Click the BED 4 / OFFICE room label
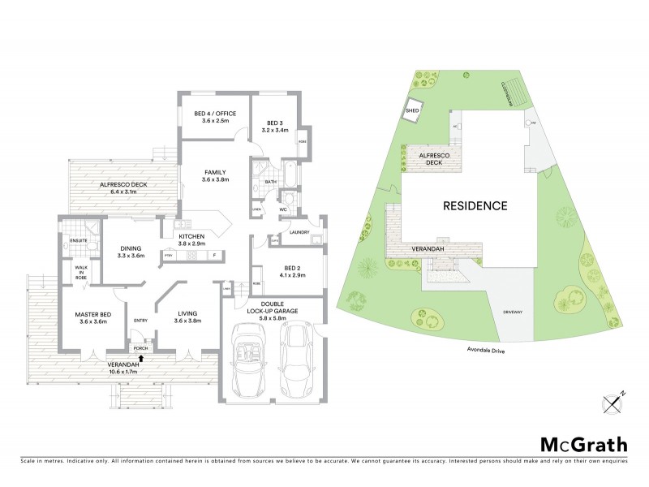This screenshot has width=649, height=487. pyautogui.click(x=214, y=112)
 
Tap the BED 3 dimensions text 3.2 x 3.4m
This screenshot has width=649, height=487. pyautogui.click(x=277, y=130)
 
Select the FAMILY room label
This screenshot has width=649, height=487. pyautogui.click(x=215, y=172)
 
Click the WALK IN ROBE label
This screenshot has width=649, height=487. pyautogui.click(x=81, y=273)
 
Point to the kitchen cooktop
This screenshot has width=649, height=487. pyautogui.click(x=192, y=255)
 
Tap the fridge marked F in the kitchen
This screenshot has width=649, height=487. pyautogui.click(x=214, y=255)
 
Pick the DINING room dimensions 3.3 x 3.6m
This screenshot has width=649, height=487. pyautogui.click(x=131, y=256)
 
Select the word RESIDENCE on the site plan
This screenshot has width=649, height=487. pyautogui.click(x=475, y=205)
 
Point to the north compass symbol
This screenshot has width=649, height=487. pyautogui.click(x=612, y=401)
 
